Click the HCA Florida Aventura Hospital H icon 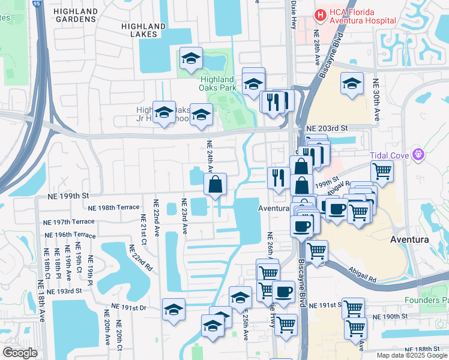tap(320, 14)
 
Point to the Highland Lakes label tap(143, 30)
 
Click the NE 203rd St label tap(327, 128)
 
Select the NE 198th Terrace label tap(113, 208)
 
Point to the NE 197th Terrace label tap(70, 221)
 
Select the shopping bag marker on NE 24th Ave tap(215, 185)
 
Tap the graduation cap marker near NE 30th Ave tap(352, 83)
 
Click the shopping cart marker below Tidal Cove tap(382, 170)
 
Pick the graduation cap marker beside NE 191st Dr tap(173, 310)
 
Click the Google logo tap(20, 353)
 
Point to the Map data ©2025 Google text tap(411, 355)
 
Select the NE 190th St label tap(390, 316)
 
